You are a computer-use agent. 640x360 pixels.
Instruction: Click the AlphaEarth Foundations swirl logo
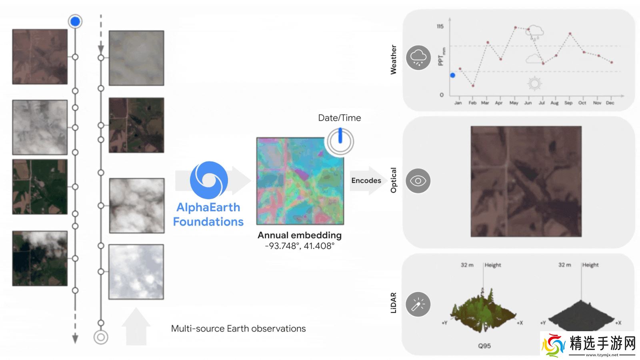tap(209, 180)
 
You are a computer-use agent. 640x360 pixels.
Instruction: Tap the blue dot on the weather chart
tap(453, 75)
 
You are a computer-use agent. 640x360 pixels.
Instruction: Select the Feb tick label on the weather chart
tap(472, 103)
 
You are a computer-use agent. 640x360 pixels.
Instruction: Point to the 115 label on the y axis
tap(440, 26)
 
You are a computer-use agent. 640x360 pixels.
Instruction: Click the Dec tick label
tap(610, 103)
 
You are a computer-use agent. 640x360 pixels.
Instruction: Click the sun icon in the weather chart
tap(534, 84)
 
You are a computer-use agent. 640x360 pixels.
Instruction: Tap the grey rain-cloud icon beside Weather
tap(418, 58)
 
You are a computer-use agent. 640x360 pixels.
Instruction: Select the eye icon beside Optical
tap(418, 181)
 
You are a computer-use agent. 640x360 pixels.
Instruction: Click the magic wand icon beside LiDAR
tap(418, 304)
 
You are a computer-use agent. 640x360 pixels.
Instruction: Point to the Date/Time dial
tap(340, 141)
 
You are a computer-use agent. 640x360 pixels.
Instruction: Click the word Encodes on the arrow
tap(366, 180)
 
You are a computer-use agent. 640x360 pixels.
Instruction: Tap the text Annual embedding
tap(300, 235)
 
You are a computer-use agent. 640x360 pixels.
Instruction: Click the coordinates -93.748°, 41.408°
tap(300, 246)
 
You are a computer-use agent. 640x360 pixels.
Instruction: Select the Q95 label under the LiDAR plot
tap(484, 346)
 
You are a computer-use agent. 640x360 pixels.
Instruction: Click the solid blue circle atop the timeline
tap(75, 21)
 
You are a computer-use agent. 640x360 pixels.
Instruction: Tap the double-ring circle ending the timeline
tap(101, 337)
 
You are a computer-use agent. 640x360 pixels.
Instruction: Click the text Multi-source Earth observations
tap(238, 329)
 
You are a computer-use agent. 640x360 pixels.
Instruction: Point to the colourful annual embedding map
tap(300, 181)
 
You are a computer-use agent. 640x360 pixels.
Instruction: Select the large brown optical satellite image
tap(526, 181)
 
